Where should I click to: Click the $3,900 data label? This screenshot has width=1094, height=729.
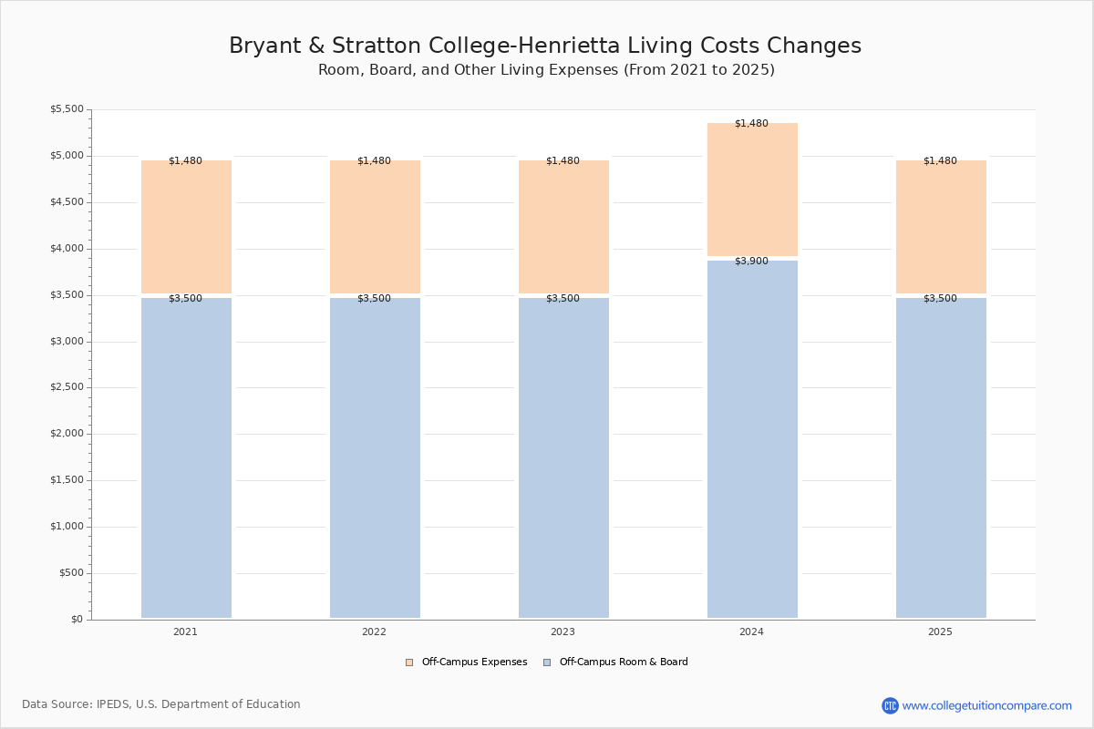[x=751, y=262]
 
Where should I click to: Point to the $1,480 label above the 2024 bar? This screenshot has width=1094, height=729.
[x=751, y=124]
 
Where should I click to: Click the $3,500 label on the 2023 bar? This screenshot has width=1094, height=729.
[x=562, y=299]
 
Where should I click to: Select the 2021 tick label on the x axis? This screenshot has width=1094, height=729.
[x=185, y=631]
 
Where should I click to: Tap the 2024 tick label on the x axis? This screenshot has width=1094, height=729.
[x=751, y=631]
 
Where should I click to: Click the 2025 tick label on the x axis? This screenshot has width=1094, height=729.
[x=940, y=631]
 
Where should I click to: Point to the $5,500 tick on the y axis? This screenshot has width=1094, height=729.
[x=67, y=109]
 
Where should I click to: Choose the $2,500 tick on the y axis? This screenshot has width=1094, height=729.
[x=67, y=387]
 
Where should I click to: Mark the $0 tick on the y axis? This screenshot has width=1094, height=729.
[x=76, y=620]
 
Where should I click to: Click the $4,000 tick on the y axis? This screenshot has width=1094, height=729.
[x=67, y=249]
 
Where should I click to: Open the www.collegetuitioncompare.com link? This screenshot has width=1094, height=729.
[x=986, y=705]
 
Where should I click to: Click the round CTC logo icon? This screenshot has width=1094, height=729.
[x=890, y=705]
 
